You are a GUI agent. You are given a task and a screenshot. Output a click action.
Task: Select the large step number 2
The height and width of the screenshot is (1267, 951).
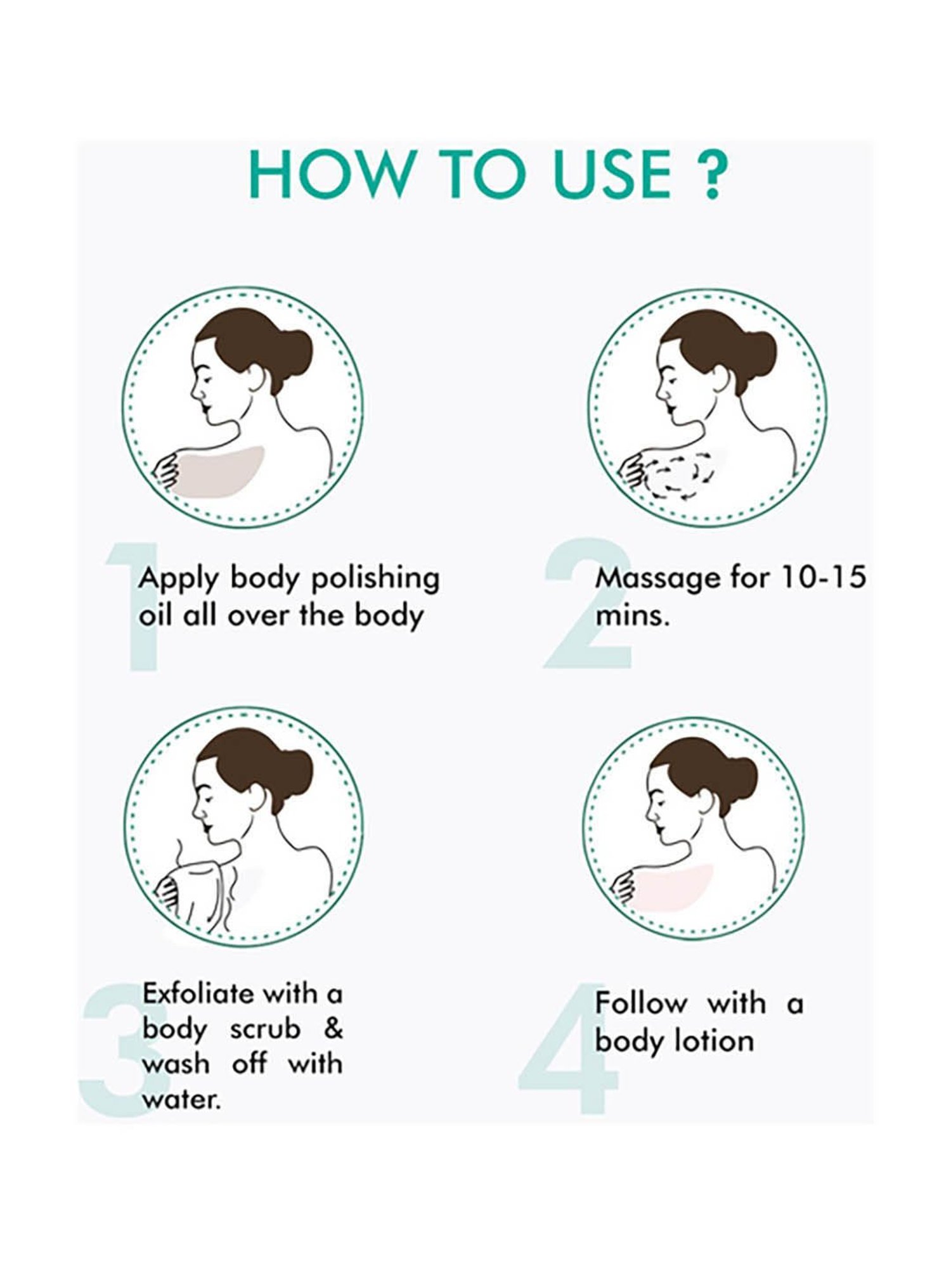(x=588, y=602)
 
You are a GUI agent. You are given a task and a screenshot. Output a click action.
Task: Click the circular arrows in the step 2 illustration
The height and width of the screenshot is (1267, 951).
(x=679, y=476)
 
